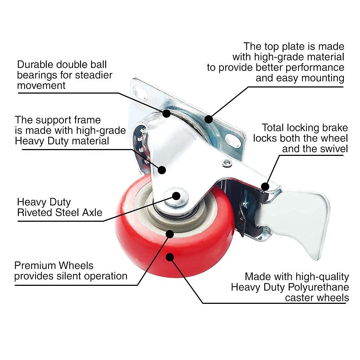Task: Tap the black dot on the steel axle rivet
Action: click(x=176, y=195)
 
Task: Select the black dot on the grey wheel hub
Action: click(x=170, y=234)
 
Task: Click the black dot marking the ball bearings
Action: click(x=166, y=113)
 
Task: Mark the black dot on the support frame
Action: click(x=162, y=170)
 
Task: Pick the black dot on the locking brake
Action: click(x=265, y=186)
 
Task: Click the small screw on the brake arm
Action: click(x=226, y=163)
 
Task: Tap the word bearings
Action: click(x=38, y=75)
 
